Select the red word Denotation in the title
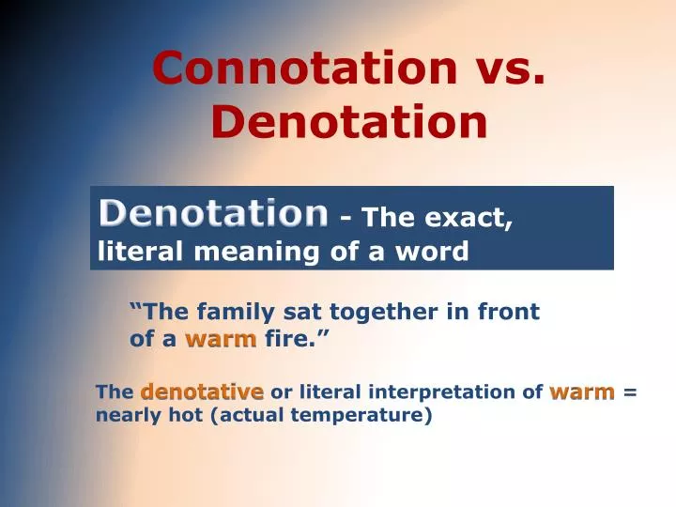(x=349, y=122)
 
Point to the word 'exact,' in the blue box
(x=473, y=219)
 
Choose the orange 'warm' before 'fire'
(x=221, y=339)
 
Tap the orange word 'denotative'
(x=202, y=392)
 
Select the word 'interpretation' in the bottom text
(x=455, y=392)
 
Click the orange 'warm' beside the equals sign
(x=582, y=392)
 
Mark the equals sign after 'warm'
(x=629, y=392)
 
